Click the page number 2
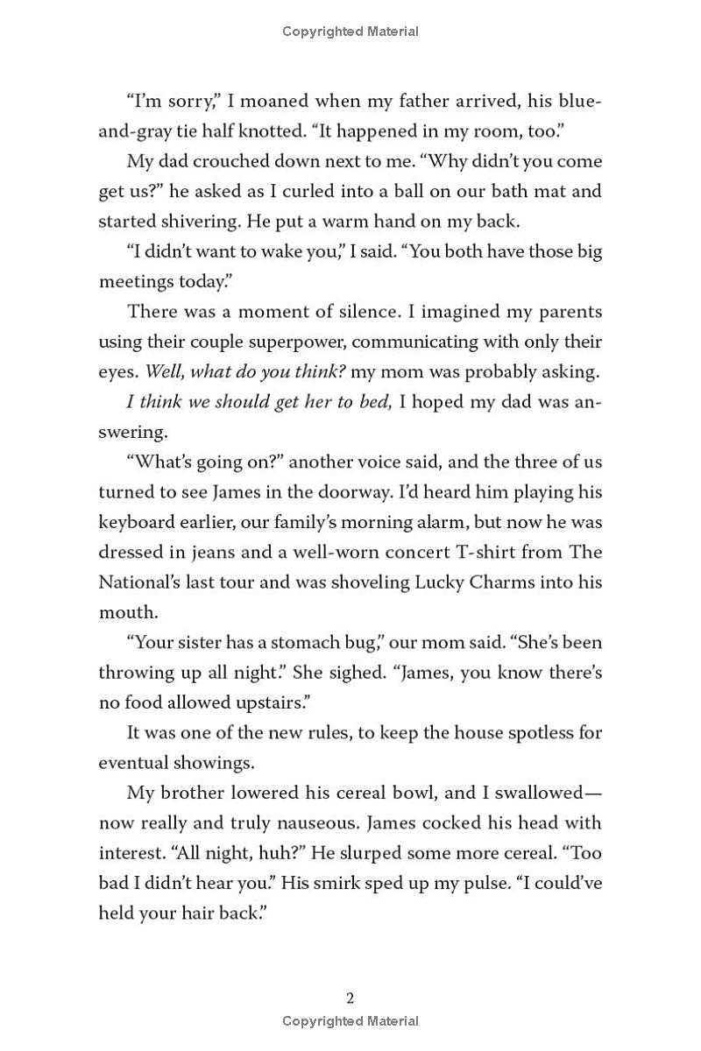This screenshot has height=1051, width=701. [x=350, y=998]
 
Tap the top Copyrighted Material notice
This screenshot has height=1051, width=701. [x=350, y=32]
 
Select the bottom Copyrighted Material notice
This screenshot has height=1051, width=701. [x=350, y=1020]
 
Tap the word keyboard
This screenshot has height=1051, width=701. [x=140, y=523]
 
